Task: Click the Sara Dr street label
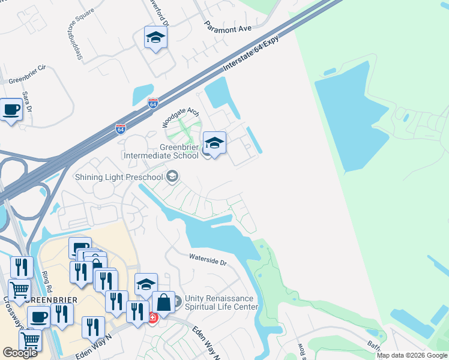click(x=27, y=101)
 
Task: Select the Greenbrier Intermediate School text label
click(x=161, y=152)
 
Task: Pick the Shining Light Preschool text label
click(x=119, y=176)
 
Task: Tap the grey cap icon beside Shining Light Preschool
click(x=172, y=176)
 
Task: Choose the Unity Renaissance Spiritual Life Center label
click(x=221, y=302)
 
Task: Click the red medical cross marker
click(x=152, y=317)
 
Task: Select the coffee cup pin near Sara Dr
click(x=11, y=110)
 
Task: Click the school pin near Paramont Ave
click(x=155, y=38)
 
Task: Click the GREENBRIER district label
click(x=26, y=298)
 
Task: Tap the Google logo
click(x=20, y=353)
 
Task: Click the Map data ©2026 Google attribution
click(x=412, y=355)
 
